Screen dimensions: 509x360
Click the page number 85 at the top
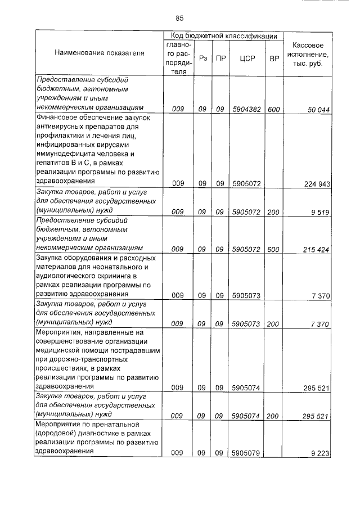(179, 17)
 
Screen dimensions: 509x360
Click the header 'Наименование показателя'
(100, 53)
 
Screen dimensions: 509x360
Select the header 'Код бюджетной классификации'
(223, 36)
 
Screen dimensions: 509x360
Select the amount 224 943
(316, 183)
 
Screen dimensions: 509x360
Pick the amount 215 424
(316, 249)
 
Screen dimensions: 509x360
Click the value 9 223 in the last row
(319, 453)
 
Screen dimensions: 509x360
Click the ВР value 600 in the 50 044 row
(274, 109)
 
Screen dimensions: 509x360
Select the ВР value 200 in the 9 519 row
(274, 211)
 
